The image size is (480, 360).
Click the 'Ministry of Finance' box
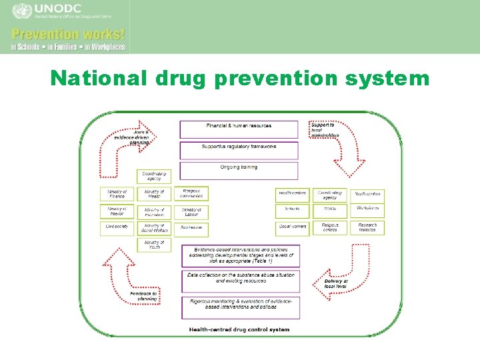(117, 195)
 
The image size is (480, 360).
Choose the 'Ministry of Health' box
(154, 195)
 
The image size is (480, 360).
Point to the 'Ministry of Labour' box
(191, 212)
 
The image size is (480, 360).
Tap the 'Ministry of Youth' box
(154, 245)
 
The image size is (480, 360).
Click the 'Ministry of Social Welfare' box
(154, 229)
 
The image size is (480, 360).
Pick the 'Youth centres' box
(367, 195)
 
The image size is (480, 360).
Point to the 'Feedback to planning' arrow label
(143, 296)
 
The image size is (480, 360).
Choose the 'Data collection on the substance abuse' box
(239, 279)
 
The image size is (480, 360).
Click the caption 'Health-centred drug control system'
(239, 329)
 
